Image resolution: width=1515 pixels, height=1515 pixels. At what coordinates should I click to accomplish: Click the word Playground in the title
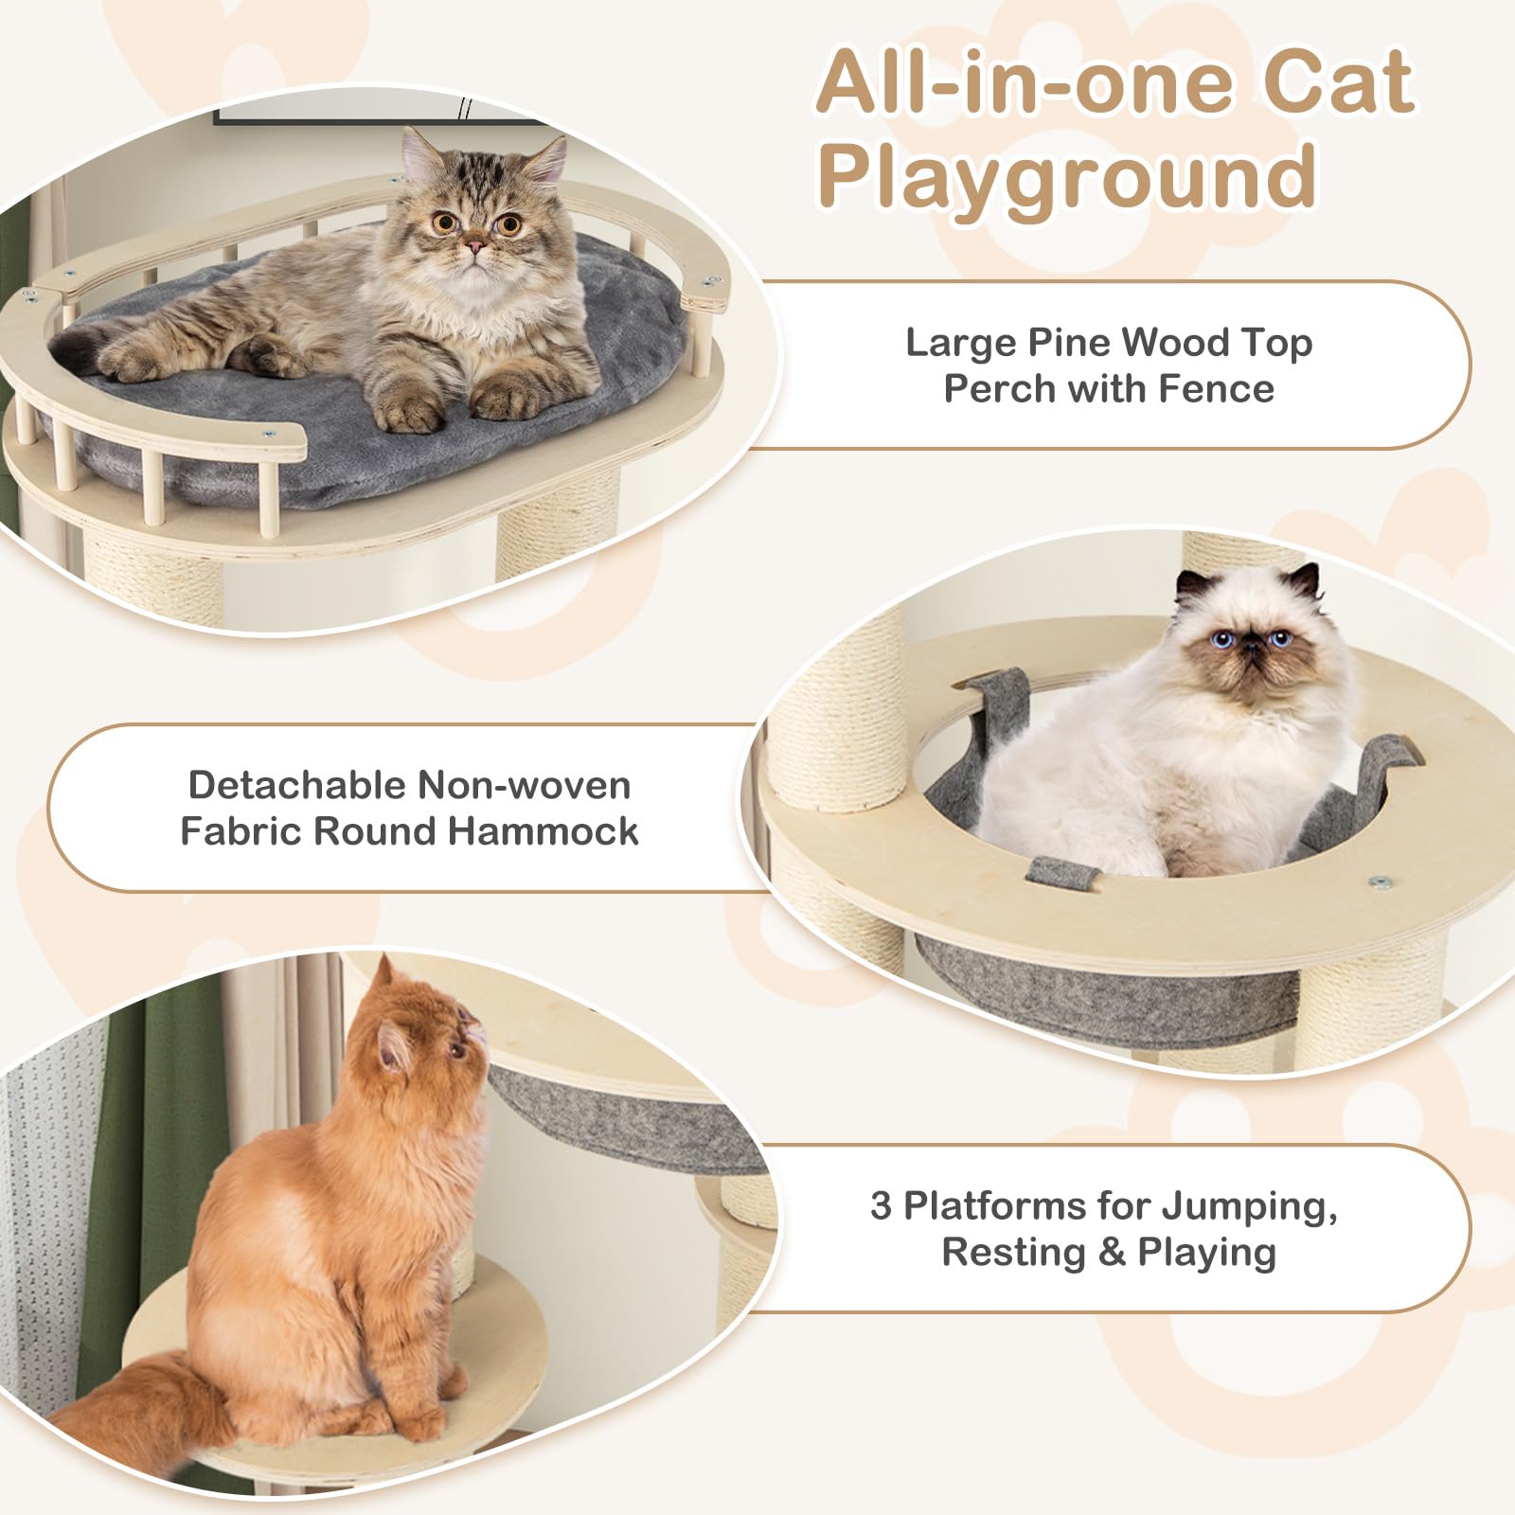coord(1067,175)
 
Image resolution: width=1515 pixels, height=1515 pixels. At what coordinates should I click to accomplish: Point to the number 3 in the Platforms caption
coord(881,1205)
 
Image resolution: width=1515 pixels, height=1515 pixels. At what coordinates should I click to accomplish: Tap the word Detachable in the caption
coord(297,785)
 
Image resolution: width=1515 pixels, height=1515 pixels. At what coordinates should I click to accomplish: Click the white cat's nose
coord(1251,647)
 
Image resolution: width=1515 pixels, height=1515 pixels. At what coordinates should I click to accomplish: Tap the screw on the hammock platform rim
coord(1379,882)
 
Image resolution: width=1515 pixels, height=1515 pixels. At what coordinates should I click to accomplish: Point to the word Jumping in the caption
coord(1249,1207)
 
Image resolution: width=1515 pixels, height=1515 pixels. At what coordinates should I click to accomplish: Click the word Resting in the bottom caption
coord(1014,1253)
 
